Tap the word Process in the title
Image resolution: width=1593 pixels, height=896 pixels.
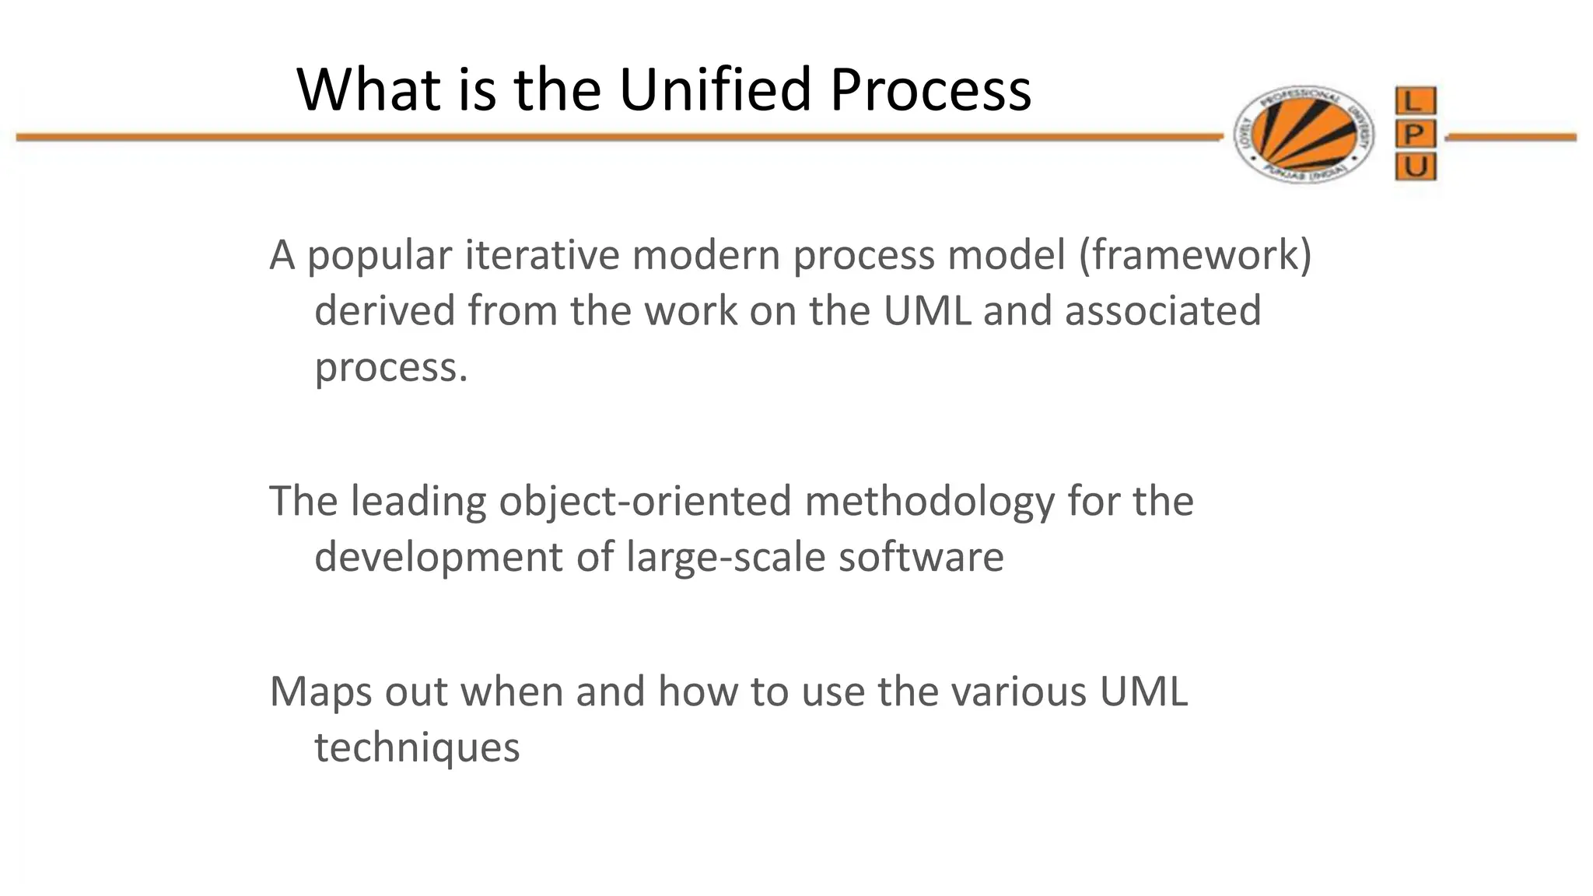[930, 90]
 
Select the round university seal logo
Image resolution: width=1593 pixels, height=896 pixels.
[1304, 135]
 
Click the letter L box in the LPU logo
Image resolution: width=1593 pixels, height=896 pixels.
[1415, 101]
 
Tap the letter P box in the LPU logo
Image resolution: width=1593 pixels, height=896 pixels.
[1415, 135]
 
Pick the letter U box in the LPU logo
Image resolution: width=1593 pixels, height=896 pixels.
[1415, 166]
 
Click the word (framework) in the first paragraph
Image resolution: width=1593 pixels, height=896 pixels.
[1194, 255]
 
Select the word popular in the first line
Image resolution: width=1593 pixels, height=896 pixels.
[380, 257]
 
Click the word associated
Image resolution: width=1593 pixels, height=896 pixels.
[1162, 311]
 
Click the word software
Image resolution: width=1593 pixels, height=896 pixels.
[921, 557]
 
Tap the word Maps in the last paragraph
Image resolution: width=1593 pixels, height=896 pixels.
[320, 692]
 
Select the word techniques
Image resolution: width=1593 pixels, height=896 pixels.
[417, 748]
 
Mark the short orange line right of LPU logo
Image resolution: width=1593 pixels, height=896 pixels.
[1511, 138]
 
